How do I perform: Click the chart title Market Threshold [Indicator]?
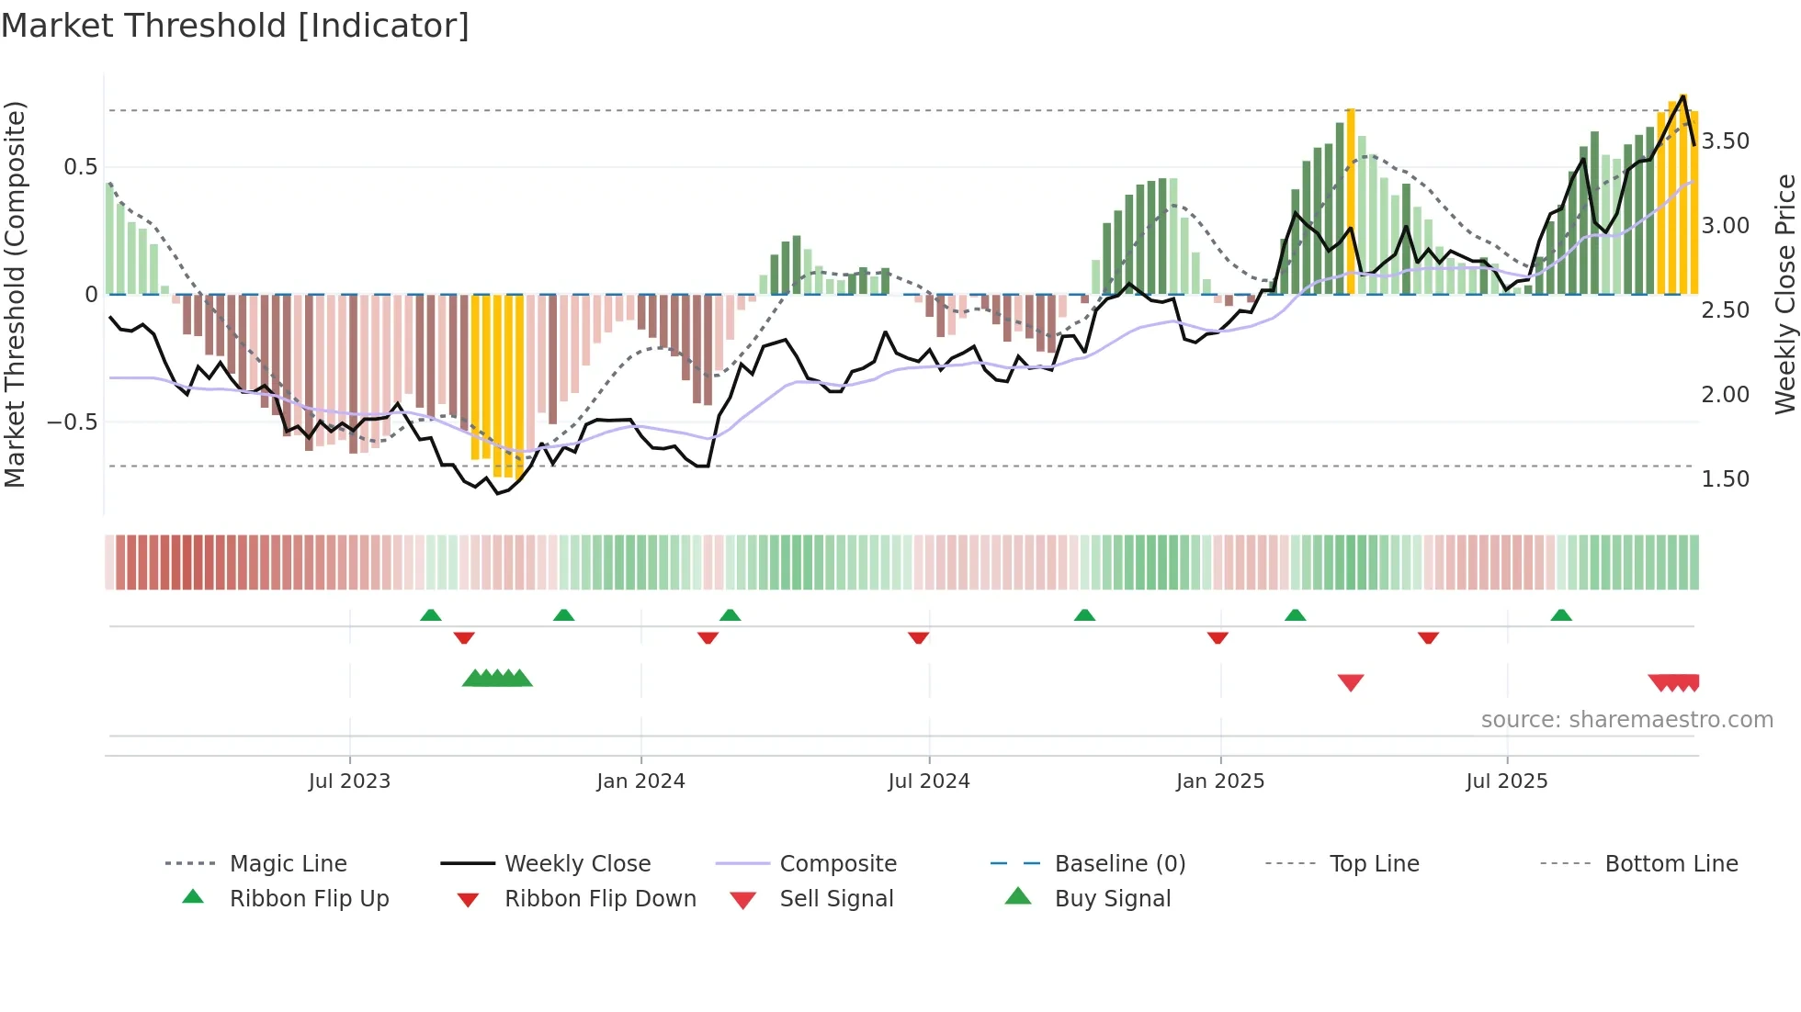[235, 26]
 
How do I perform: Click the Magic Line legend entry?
[288, 864]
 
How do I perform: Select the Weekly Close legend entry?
[577, 864]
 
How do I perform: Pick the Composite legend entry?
[837, 864]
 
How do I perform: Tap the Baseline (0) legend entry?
[1119, 864]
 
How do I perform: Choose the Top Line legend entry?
[1374, 864]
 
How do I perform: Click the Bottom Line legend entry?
[1671, 864]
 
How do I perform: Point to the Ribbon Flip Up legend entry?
[309, 899]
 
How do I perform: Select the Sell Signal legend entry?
[835, 899]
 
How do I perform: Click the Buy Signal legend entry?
[1112, 899]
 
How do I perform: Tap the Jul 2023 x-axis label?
[349, 781]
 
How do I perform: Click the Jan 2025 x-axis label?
[1220, 781]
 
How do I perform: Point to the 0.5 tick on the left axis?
[81, 167]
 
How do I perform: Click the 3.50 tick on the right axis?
[1725, 141]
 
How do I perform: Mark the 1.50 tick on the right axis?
[1725, 479]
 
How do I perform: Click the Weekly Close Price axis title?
[1784, 294]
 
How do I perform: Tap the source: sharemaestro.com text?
[1626, 720]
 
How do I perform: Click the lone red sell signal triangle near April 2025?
[1351, 682]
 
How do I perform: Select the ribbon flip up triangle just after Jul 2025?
[1561, 615]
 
